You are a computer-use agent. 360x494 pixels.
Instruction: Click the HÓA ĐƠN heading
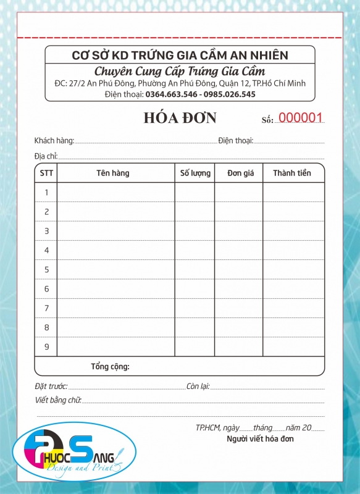[x=180, y=117]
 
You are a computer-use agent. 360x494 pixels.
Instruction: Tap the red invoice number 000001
[x=301, y=118]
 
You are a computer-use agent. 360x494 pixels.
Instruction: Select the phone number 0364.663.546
[x=171, y=94]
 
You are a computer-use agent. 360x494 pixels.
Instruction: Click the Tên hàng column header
[x=113, y=174]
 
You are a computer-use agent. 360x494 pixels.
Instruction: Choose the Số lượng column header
[x=195, y=174]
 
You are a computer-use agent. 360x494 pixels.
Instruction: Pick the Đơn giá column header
[x=240, y=174]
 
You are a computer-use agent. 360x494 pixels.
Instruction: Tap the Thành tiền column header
[x=291, y=174]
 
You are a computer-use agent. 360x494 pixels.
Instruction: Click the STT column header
[x=46, y=174]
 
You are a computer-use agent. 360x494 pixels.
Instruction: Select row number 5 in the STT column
[x=46, y=270]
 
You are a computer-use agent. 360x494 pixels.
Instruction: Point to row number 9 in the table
[x=46, y=346]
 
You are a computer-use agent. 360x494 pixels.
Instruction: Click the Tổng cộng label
[x=110, y=367]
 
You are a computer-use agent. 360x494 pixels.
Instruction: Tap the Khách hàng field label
[x=54, y=141]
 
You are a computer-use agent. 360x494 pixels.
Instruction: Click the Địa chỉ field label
[x=46, y=156]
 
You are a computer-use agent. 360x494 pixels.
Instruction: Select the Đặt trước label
[x=51, y=387]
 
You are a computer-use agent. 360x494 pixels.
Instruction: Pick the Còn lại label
[x=198, y=387]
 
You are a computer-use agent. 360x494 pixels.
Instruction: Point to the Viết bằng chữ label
[x=58, y=400]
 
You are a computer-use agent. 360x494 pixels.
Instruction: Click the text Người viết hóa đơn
[x=260, y=439]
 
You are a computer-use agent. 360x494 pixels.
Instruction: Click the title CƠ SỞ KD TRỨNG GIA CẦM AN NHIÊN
[x=180, y=56]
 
